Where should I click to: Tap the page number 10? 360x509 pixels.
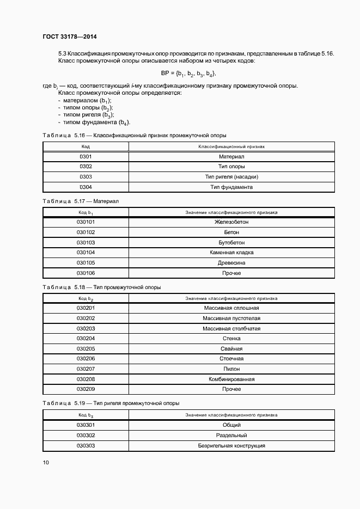(46, 463)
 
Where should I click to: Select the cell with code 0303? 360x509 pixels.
(86, 177)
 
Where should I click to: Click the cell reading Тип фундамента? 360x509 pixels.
(231, 187)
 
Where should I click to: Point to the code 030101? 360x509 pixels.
(86, 222)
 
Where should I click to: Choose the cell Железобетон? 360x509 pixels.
(231, 222)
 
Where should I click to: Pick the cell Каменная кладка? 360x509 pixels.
(231, 253)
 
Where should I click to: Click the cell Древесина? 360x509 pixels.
(231, 263)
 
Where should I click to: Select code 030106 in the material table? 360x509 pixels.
(86, 273)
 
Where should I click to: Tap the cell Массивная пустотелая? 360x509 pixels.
(231, 318)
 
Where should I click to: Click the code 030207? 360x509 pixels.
(86, 369)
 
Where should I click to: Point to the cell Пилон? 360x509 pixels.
(231, 369)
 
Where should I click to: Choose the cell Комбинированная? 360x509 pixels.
(231, 379)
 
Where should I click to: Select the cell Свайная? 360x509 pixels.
(231, 349)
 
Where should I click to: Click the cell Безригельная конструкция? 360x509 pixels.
(231, 446)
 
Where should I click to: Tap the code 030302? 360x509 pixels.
(86, 436)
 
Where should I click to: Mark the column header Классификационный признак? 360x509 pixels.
(231, 146)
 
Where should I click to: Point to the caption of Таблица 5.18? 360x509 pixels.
(101, 287)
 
